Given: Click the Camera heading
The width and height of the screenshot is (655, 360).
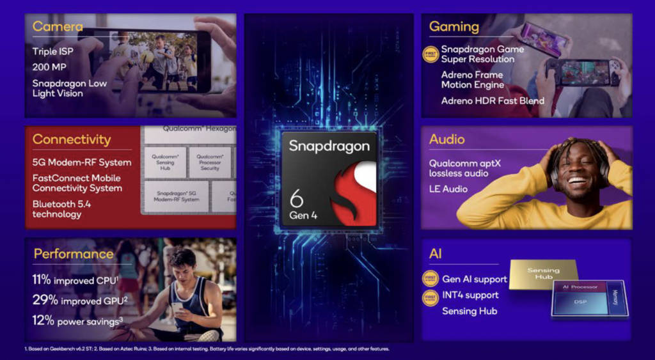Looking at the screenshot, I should pyautogui.click(x=58, y=27).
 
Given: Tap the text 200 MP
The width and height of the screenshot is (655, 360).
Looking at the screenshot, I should pyautogui.click(x=50, y=67).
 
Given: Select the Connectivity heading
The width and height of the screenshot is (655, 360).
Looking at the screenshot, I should pyautogui.click(x=72, y=139).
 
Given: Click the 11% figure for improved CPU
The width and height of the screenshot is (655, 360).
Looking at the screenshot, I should pyautogui.click(x=42, y=280).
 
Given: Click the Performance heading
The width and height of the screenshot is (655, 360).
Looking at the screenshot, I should pyautogui.click(x=73, y=254).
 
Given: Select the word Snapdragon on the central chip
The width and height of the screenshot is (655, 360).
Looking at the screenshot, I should pyautogui.click(x=329, y=146).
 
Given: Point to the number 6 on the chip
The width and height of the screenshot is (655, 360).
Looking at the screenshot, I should pyautogui.click(x=296, y=196).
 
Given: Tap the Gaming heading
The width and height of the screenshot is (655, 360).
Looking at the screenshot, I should pyautogui.click(x=454, y=27).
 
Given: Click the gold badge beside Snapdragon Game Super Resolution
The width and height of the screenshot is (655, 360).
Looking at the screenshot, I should pyautogui.click(x=430, y=54).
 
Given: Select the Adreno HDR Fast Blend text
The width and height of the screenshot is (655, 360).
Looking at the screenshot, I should pyautogui.click(x=493, y=101).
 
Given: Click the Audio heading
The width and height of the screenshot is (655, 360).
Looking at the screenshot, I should pyautogui.click(x=446, y=139).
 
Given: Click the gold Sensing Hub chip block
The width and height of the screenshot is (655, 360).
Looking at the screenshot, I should pyautogui.click(x=543, y=274).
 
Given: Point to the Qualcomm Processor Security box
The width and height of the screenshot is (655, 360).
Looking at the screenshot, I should pyautogui.click(x=209, y=162).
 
